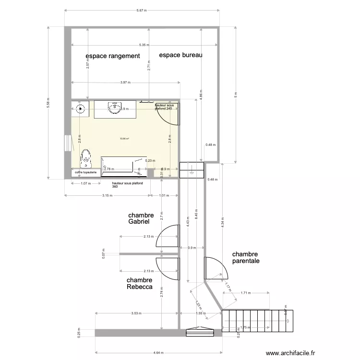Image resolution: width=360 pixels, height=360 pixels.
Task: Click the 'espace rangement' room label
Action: pos(113,56)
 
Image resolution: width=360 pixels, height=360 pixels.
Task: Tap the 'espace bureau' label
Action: pos(181,55)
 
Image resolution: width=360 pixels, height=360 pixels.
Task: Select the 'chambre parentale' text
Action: pos(246,258)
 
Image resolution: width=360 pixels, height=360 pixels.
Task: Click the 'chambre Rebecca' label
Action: pos(140,284)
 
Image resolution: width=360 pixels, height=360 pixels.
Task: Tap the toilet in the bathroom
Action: pos(86,156)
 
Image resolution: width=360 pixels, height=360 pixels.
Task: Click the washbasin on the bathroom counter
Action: pos(115,108)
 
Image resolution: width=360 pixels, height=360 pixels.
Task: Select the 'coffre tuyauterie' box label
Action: pos(85,172)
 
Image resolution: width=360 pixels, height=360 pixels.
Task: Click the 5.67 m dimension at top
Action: pos(142,10)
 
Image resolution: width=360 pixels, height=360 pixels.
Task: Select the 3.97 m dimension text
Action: pos(125,83)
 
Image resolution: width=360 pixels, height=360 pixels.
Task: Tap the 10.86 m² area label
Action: pos(124,139)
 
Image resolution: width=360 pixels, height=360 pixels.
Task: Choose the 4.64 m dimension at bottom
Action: pos(158,352)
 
